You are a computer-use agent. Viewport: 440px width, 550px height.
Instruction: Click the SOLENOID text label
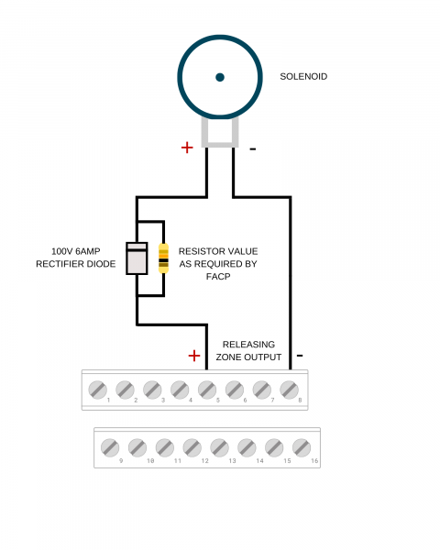[302, 77]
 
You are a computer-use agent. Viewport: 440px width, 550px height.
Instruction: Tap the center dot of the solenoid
[220, 77]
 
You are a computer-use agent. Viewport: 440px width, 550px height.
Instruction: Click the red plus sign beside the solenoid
[187, 147]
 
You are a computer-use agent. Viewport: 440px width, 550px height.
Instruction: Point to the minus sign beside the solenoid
[253, 148]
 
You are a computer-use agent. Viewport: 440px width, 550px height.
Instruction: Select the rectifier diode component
[137, 258]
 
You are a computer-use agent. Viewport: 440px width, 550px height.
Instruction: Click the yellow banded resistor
[163, 258]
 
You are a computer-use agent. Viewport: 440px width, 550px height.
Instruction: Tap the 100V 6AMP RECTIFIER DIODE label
[76, 258]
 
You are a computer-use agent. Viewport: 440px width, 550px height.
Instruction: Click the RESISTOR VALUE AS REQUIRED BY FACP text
[217, 263]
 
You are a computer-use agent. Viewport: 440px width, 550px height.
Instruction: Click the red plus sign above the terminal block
[193, 356]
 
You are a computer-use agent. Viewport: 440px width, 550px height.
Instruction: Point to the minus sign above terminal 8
[300, 356]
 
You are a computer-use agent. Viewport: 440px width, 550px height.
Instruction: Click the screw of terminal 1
[97, 390]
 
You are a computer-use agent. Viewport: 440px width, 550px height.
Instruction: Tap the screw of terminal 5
[206, 390]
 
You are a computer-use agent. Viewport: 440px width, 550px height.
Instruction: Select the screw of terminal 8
[288, 390]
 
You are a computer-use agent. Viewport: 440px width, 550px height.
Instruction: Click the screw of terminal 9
[110, 447]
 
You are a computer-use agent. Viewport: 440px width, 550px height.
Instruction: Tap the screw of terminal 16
[302, 447]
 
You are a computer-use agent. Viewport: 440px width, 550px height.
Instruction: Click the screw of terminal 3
[152, 390]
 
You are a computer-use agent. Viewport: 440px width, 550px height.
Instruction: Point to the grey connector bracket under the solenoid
[220, 134]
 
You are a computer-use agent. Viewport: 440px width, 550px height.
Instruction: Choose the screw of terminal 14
[247, 447]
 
